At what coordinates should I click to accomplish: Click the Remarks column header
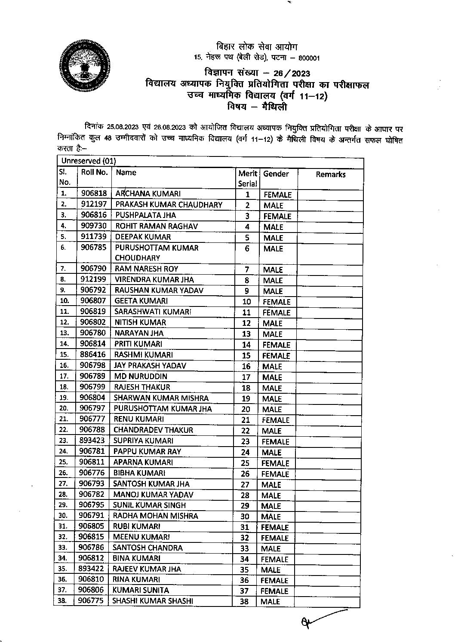pos(330,174)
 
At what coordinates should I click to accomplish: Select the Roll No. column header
pos(94,172)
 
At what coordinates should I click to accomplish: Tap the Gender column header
pos(276,174)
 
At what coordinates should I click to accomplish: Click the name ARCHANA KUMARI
pos(148,194)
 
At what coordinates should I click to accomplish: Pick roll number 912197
pos(94,204)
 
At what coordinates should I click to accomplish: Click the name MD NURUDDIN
pos(140,377)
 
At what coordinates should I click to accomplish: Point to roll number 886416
pos(93,355)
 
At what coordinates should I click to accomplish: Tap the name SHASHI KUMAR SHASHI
pos(152,601)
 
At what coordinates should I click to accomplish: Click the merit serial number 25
pos(245,463)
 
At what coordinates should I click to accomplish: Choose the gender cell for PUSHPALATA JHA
pos(277,216)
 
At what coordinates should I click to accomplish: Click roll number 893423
pos(92,441)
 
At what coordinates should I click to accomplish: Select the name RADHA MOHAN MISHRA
pos(155,516)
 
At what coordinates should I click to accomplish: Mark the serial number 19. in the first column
pos(64,398)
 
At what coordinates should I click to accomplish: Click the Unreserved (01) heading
pos(89,161)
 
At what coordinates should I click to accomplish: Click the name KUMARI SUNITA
pos(141,590)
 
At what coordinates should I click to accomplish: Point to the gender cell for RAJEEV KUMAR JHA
pos(271,570)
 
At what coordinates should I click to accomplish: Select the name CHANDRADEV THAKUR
pos(153,430)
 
